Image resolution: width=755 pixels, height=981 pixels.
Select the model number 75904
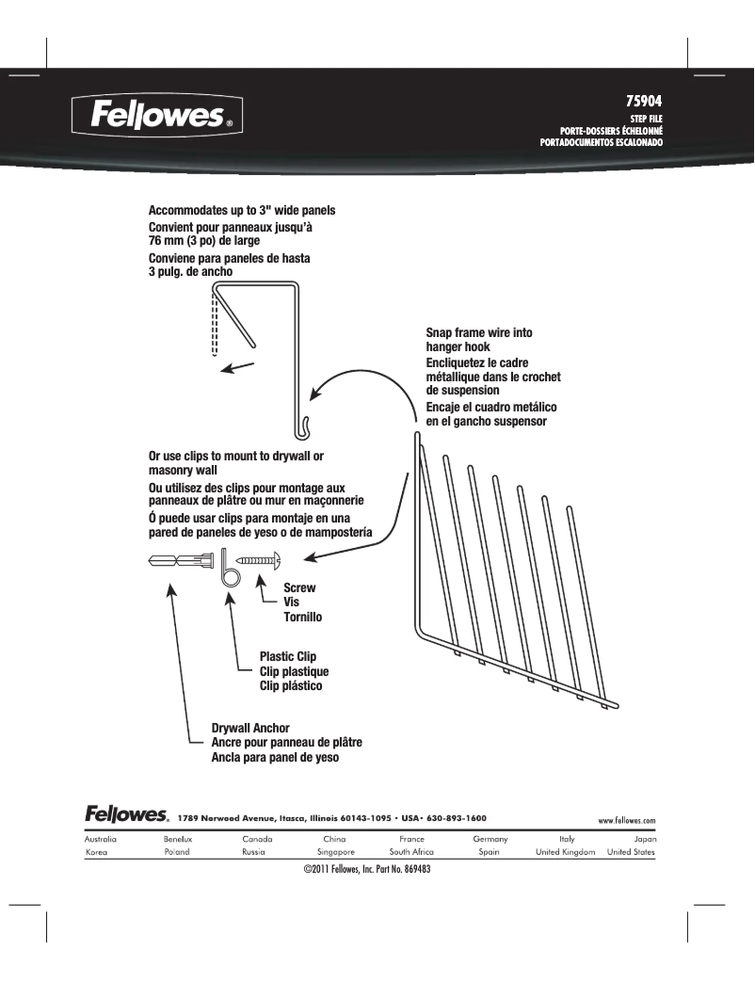coord(646,99)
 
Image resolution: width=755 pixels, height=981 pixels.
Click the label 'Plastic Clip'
coord(287,657)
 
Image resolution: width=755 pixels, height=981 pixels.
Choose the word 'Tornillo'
coord(303,618)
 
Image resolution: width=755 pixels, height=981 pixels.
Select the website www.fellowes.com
coord(627,820)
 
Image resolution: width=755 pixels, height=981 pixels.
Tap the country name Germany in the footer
coord(490,838)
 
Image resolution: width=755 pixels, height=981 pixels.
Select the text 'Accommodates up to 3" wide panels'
coord(242,210)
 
